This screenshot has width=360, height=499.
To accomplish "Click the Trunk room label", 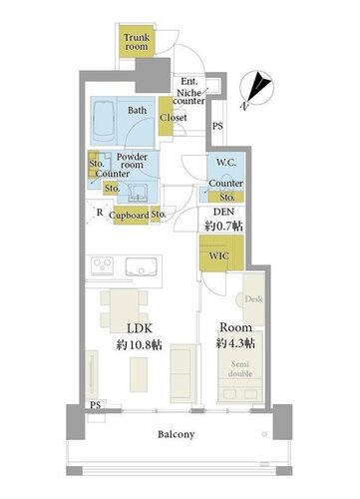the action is (137, 42).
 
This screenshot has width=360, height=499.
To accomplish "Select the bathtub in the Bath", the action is (104, 122).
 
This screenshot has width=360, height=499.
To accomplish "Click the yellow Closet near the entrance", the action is (166, 116).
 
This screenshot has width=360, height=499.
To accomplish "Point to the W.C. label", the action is (226, 163).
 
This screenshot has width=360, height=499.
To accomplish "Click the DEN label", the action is (223, 212).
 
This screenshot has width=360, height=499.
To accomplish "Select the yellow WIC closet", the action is (221, 253).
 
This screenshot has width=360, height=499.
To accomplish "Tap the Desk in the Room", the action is (253, 299).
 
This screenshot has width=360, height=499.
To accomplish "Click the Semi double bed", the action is (240, 367).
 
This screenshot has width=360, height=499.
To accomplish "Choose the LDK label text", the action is (140, 328).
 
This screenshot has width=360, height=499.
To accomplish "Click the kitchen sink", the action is (142, 266).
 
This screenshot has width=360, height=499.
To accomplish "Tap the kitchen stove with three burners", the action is (102, 265).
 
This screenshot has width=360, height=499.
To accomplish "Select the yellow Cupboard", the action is (129, 216).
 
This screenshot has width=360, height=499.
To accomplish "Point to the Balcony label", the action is (177, 434).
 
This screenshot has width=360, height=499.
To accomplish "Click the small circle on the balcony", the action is (264, 434).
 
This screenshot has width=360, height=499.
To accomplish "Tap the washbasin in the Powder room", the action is (137, 193).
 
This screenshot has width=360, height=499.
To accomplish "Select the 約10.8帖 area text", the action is (140, 345).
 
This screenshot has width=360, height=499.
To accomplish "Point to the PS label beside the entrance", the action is (217, 126).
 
